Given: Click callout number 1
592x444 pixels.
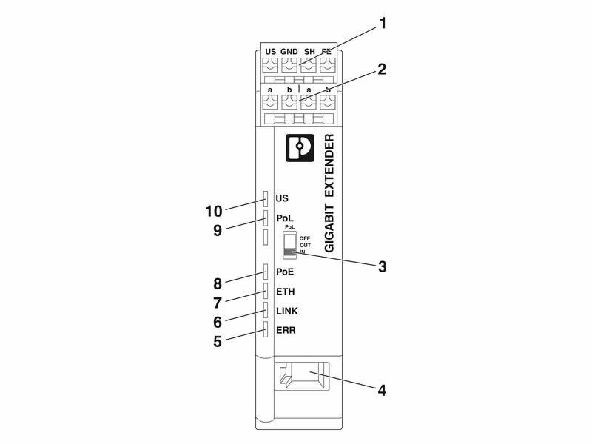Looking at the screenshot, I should coord(383,23).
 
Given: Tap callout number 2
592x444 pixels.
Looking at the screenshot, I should coord(383,70).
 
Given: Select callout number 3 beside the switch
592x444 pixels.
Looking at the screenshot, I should coord(383,266).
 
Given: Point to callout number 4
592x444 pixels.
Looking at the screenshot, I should coord(383,388).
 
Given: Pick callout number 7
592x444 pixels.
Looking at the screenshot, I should coord(218,303).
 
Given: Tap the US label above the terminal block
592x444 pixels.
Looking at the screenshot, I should coord(270,51).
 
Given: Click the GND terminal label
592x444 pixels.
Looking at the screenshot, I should coord(289,51).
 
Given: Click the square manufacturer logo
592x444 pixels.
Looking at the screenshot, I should coord(300,147).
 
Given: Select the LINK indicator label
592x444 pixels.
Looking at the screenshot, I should coord(286,311).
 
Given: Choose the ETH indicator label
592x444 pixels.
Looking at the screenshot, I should coord(285,292).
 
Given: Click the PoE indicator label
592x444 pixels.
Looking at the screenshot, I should coord(285,272).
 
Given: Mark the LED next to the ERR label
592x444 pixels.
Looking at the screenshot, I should coord(265,329).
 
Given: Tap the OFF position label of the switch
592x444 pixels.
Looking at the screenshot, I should coord(305,238).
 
